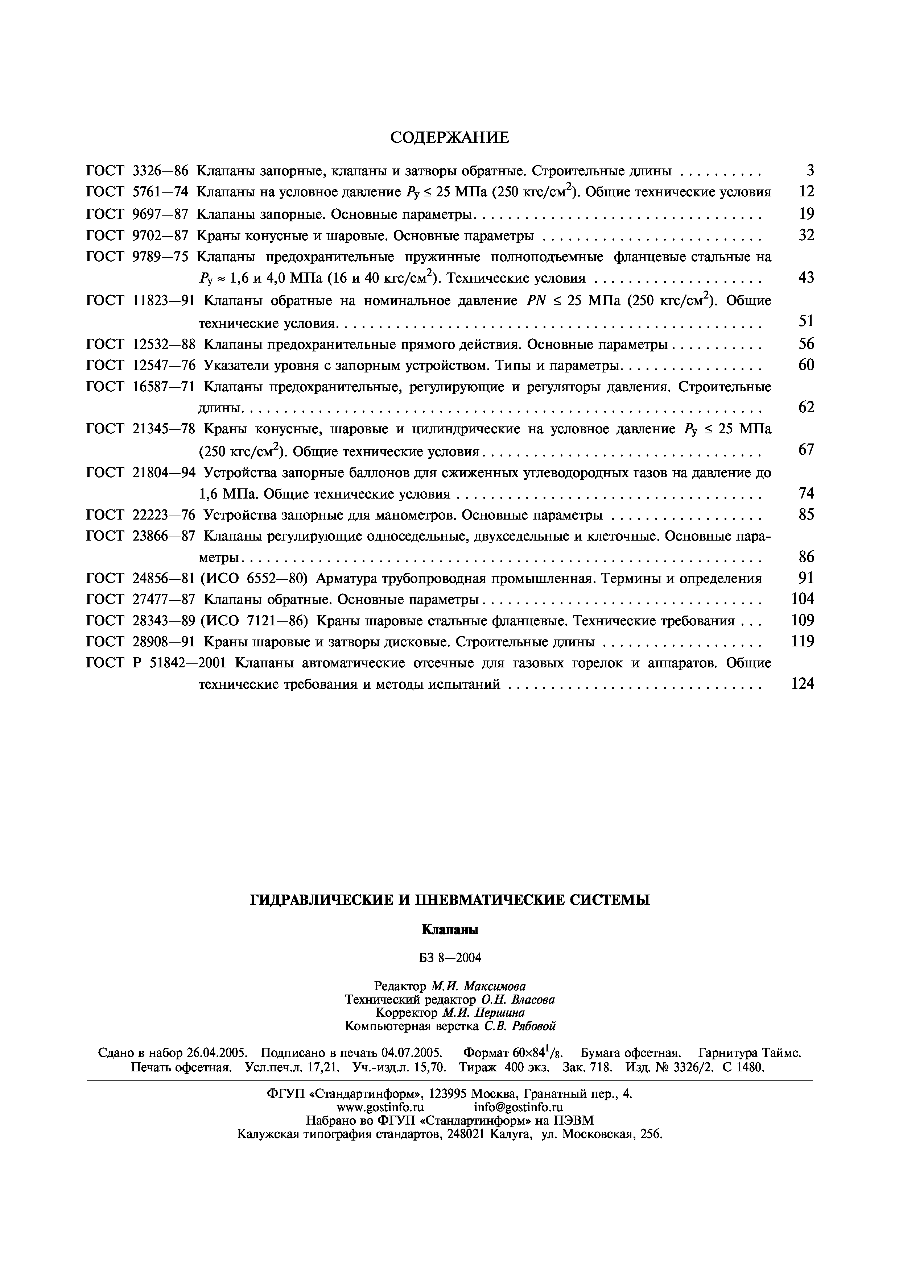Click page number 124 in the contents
[802, 684]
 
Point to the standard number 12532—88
[165, 344]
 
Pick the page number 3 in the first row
[810, 171]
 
